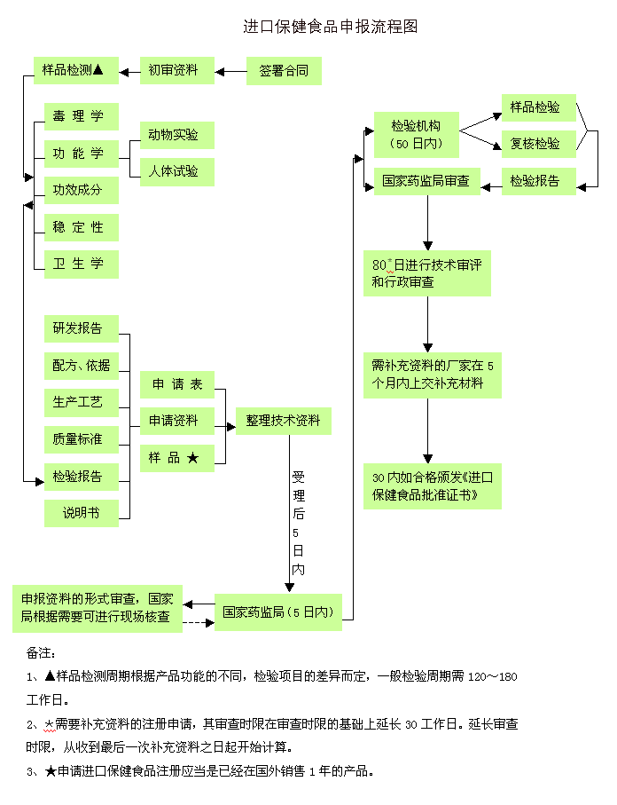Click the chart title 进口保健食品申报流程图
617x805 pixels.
tap(330, 28)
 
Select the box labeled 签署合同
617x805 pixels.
tap(284, 71)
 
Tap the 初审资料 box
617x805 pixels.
tap(176, 71)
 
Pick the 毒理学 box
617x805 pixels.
tap(81, 116)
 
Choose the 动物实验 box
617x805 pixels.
tap(176, 135)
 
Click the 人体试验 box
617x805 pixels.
tap(176, 171)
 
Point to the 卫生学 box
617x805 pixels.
tap(81, 264)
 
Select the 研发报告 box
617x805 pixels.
tap(81, 328)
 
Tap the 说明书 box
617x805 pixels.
tap(81, 513)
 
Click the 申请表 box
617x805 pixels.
tap(176, 384)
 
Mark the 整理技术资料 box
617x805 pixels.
tap(284, 421)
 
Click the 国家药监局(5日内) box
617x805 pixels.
tap(277, 612)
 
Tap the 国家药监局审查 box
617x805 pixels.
tap(426, 181)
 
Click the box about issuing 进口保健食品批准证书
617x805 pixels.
tap(432, 485)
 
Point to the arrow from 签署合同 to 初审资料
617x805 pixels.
tap(230, 71)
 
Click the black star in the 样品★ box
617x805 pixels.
tap(193, 458)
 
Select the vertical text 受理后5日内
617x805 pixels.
tap(298, 524)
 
